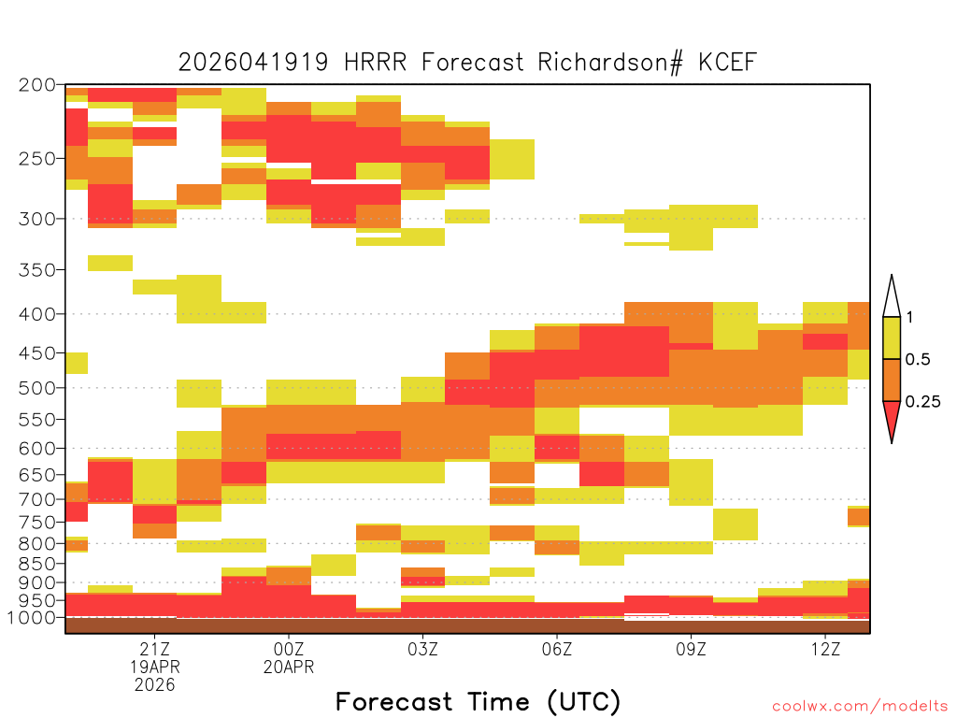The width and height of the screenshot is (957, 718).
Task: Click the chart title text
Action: click(467, 63)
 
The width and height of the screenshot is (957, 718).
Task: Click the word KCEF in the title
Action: click(727, 63)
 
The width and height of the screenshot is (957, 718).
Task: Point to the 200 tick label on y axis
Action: click(37, 85)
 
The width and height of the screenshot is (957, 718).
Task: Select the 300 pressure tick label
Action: click(37, 219)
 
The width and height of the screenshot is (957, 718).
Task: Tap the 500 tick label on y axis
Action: click(37, 388)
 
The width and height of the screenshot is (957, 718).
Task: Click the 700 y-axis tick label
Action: click(37, 499)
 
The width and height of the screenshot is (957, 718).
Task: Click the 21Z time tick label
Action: click(154, 649)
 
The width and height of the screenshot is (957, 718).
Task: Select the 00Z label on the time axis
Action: click(289, 649)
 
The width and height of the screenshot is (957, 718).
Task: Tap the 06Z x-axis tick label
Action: click(557, 649)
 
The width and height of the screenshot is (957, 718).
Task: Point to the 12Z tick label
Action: click(825, 649)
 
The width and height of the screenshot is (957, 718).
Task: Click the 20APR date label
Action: click(289, 667)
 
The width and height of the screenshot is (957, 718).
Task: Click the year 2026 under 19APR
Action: click(154, 685)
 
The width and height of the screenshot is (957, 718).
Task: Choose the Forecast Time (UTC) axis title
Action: click(478, 701)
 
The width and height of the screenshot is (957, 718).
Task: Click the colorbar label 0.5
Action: click(918, 360)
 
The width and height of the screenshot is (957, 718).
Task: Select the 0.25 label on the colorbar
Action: click(923, 402)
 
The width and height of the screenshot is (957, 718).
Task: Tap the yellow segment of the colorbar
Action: click(892, 337)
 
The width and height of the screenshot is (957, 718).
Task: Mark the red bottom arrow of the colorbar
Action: click(892, 419)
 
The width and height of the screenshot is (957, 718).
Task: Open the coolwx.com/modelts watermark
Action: click(860, 707)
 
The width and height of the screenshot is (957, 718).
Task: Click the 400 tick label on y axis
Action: click(37, 314)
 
